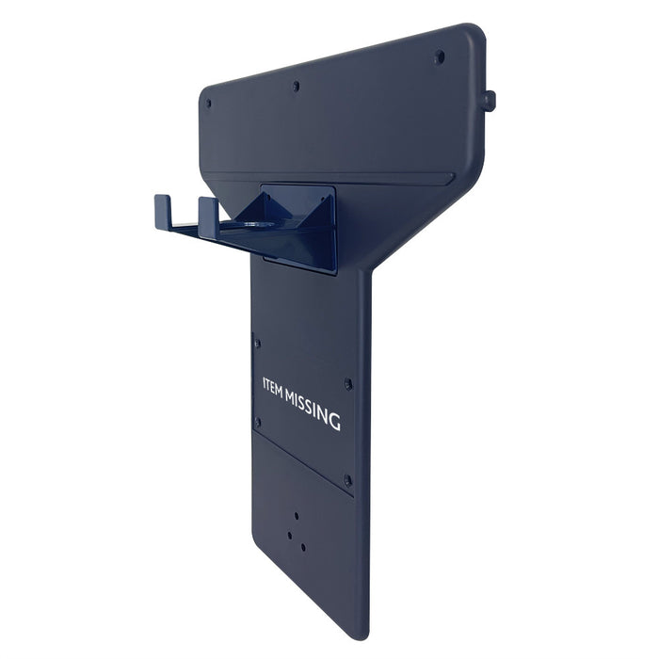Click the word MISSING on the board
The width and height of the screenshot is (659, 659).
point(313,410)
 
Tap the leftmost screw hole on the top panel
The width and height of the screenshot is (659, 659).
point(208,103)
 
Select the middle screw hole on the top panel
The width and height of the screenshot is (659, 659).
point(296,87)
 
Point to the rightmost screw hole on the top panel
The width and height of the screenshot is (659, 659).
point(440,56)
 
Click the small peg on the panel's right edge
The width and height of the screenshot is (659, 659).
point(490,101)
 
